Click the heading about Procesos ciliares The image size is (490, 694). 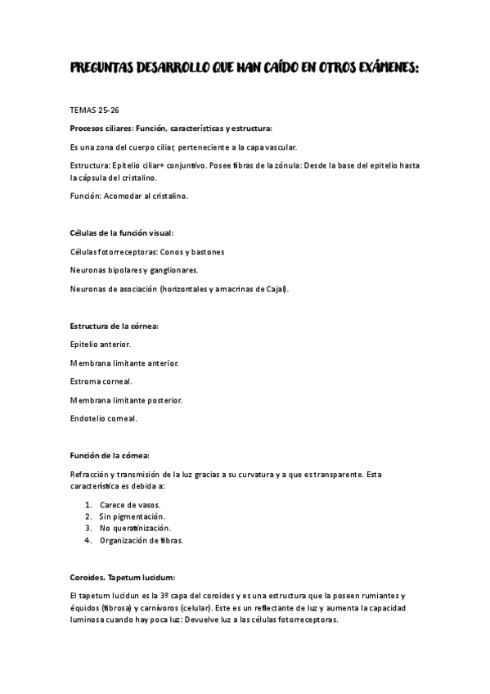point(172,128)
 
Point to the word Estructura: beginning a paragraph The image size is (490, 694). point(90,165)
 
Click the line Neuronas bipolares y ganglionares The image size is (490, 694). point(134,270)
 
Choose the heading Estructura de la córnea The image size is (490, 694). point(115,326)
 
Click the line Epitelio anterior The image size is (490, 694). point(101,345)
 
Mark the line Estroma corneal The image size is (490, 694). point(101,381)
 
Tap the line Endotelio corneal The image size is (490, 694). point(104,418)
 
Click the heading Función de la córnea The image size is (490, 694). point(110,455)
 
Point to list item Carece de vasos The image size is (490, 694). point(130,505)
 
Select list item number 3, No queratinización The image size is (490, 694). point(135,529)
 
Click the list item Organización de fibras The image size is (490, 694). point(142,540)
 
